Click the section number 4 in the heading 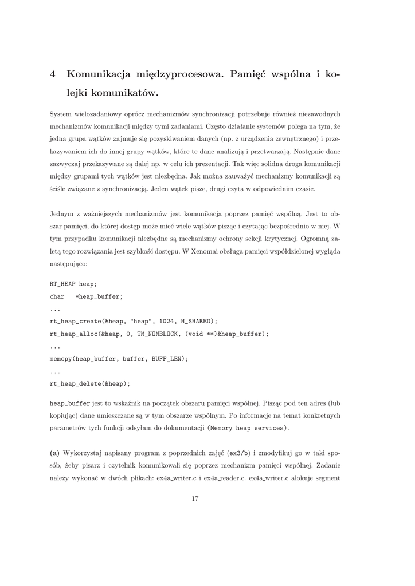click(53, 74)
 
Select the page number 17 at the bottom click(195, 499)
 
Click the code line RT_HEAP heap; click(73, 284)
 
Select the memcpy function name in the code click(61, 358)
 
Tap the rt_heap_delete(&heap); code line click(90, 383)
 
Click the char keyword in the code click(57, 296)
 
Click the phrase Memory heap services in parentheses click(246, 428)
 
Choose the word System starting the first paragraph click(61, 114)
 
